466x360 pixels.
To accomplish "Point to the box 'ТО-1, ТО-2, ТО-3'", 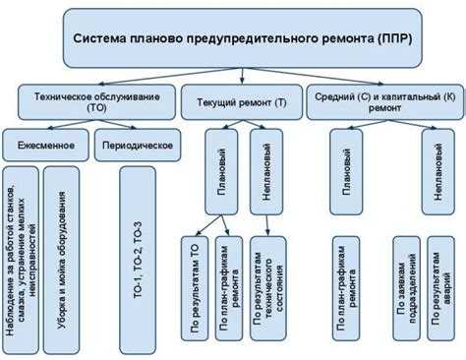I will (x=138, y=255).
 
